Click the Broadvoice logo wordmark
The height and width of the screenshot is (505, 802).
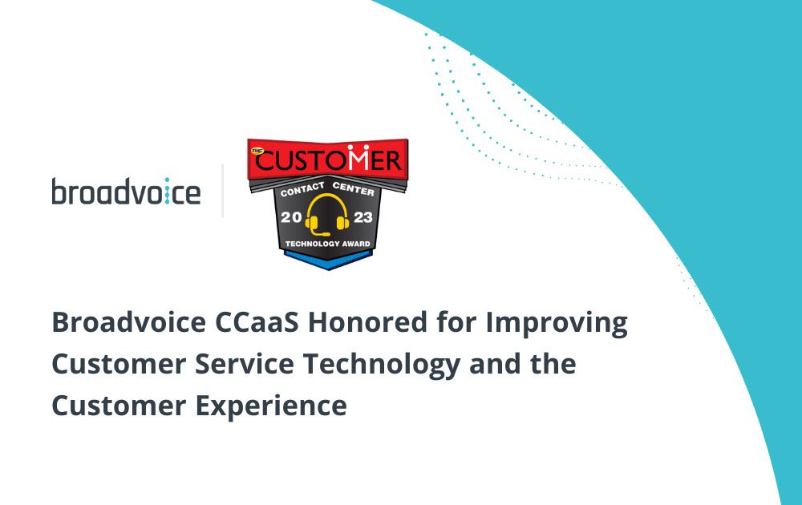pyautogui.click(x=126, y=191)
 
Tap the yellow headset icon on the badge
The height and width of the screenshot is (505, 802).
pyautogui.click(x=327, y=215)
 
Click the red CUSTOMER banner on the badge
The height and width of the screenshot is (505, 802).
pyautogui.click(x=328, y=159)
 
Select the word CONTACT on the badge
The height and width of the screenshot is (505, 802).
pyautogui.click(x=302, y=190)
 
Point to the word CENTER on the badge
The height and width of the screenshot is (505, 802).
pyautogui.click(x=354, y=188)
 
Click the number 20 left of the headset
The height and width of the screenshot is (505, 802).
pyautogui.click(x=291, y=217)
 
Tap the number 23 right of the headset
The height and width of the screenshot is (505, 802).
pyautogui.click(x=363, y=217)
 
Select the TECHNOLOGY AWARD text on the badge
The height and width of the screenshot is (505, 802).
pyautogui.click(x=328, y=244)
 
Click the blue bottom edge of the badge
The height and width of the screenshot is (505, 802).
pyautogui.click(x=328, y=261)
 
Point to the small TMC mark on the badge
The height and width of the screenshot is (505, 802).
pyautogui.click(x=257, y=150)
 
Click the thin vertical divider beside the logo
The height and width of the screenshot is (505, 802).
pyautogui.click(x=222, y=191)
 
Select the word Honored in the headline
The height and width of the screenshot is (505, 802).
pyautogui.click(x=367, y=322)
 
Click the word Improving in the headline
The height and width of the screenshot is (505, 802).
pyautogui.click(x=557, y=325)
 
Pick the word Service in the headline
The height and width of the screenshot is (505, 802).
pyautogui.click(x=245, y=365)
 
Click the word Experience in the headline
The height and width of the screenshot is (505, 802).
pyautogui.click(x=271, y=407)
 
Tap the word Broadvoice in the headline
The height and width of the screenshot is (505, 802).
pyautogui.click(x=129, y=322)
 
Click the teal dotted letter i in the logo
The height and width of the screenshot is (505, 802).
pyautogui.click(x=167, y=192)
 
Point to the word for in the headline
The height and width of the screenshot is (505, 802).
pyautogui.click(x=456, y=322)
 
